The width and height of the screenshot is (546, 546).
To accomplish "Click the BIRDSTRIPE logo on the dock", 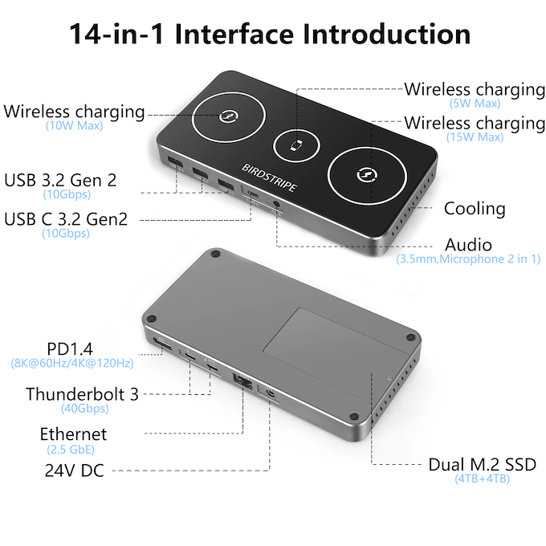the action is pyautogui.click(x=269, y=177).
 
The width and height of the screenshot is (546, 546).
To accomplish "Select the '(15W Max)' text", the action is pyautogui.click(x=475, y=136).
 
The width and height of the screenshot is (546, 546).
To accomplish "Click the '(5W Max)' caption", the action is pyautogui.click(x=475, y=103).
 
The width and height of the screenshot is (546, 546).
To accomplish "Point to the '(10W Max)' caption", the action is pyautogui.click(x=74, y=125).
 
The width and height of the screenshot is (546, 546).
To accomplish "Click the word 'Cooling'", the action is pyautogui.click(x=475, y=209).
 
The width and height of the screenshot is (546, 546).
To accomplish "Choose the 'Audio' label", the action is pyautogui.click(x=468, y=245).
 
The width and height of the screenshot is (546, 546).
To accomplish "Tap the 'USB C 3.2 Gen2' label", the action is pyautogui.click(x=66, y=219).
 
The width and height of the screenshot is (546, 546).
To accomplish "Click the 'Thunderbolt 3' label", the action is pyautogui.click(x=82, y=394).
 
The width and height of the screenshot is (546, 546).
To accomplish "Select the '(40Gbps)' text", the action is pyautogui.click(x=84, y=408).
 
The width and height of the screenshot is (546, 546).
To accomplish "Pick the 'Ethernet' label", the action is pyautogui.click(x=74, y=434).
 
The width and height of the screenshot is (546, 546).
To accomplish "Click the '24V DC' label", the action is pyautogui.click(x=74, y=471).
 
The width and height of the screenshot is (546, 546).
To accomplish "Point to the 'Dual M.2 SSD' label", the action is pyautogui.click(x=483, y=465).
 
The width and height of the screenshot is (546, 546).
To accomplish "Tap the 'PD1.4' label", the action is pyautogui.click(x=70, y=349).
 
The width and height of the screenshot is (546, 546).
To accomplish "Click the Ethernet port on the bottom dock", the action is pyautogui.click(x=242, y=381).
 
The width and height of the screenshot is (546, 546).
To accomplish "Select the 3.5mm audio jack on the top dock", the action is pyautogui.click(x=276, y=204).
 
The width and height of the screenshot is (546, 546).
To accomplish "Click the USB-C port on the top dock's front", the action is pyautogui.click(x=252, y=194).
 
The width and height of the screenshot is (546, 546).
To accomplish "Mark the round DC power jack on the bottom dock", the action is pyautogui.click(x=270, y=393).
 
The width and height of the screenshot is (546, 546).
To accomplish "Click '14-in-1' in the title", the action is pyautogui.click(x=116, y=34).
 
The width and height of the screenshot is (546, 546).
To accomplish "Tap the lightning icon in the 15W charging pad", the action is pyautogui.click(x=368, y=173).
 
